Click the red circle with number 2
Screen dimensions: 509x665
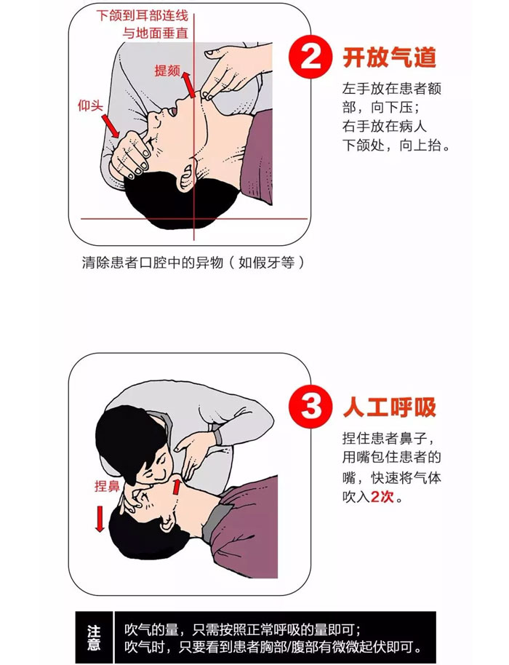click(310, 57)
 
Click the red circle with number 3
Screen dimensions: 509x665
click(310, 406)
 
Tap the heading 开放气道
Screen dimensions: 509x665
click(390, 57)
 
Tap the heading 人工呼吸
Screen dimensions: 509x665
click(390, 407)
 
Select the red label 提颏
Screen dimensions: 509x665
click(167, 71)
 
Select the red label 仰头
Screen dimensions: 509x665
click(90, 105)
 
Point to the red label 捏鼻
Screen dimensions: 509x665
click(107, 486)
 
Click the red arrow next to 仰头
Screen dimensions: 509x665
click(111, 126)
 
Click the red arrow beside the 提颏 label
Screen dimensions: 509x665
click(189, 84)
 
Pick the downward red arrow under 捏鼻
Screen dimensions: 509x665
click(100, 519)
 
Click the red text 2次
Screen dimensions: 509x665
click(382, 496)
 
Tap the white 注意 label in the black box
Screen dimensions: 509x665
click(94, 637)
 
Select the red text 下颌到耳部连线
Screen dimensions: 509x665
click(142, 16)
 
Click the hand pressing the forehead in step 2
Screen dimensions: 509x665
click(131, 156)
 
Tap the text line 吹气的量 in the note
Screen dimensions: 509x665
click(242, 629)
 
